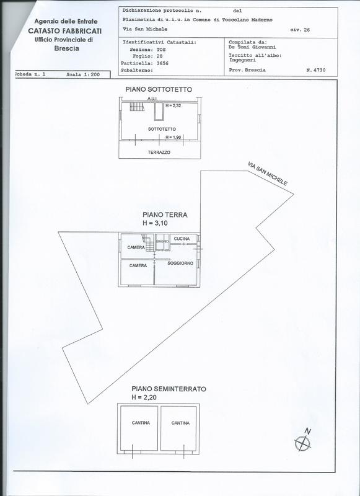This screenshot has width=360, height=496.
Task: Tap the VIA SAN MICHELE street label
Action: tap(268, 174)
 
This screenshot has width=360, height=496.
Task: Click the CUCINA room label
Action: tap(182, 239)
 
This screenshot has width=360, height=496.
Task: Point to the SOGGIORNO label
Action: tap(180, 263)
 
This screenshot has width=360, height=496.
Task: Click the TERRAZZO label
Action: tap(159, 152)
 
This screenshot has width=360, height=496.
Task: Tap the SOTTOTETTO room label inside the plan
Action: tap(162, 129)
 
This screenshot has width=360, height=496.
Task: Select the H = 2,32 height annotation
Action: tap(173, 105)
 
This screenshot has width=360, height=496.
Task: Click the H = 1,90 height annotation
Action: tap(173, 137)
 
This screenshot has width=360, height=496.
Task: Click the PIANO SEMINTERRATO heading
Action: tap(169, 389)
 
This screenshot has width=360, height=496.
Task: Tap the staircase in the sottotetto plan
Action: tap(137, 106)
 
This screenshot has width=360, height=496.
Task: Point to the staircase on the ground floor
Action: tap(147, 242)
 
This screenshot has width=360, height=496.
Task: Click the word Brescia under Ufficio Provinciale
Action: tap(67, 48)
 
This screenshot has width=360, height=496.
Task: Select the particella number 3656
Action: tap(162, 63)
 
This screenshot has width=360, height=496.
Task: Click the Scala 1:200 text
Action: tap(83, 75)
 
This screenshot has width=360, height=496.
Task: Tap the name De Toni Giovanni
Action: tap(252, 47)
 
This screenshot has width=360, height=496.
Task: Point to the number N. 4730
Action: tap(316, 70)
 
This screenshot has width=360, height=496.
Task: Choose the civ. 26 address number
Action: tap(300, 30)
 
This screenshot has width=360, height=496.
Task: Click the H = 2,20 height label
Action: tap(144, 397)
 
